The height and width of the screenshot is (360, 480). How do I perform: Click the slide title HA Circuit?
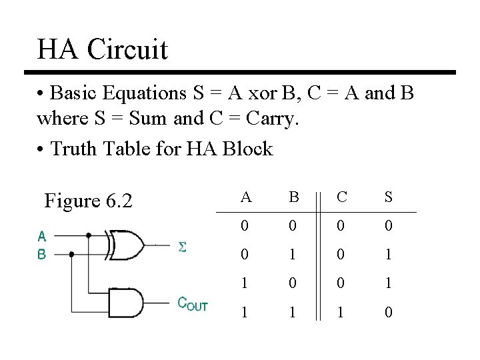click(x=103, y=49)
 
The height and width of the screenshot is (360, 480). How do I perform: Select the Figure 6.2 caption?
click(x=88, y=200)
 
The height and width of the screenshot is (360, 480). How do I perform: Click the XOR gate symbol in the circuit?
click(x=127, y=245)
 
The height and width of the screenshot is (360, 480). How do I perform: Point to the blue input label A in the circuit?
click(x=41, y=235)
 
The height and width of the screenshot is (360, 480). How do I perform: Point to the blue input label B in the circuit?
click(x=41, y=254)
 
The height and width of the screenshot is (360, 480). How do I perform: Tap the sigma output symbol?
click(x=182, y=247)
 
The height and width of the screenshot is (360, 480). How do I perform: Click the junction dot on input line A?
click(x=88, y=235)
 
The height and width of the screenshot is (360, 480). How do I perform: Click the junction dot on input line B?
click(x=72, y=254)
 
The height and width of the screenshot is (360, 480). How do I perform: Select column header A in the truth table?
click(x=246, y=197)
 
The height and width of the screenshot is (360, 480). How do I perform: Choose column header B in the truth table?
click(x=294, y=197)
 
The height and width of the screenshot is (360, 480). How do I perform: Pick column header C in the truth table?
click(x=341, y=197)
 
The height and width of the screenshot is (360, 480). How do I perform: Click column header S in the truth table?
click(x=389, y=197)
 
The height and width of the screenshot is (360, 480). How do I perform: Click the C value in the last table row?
click(x=341, y=312)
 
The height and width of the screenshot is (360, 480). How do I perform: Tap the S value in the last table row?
click(x=389, y=312)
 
